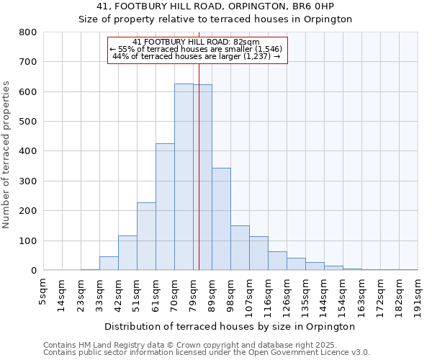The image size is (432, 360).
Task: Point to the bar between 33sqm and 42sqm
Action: [109, 264]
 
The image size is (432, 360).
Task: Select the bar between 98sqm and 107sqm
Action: [240, 248]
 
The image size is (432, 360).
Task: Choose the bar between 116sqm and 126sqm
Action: [277, 261]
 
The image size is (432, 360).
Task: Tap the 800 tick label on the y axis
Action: [27, 32]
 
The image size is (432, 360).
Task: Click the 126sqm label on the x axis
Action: [287, 294]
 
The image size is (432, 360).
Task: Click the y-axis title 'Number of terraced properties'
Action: [7, 155]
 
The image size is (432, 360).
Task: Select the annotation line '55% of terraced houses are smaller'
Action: [197, 49]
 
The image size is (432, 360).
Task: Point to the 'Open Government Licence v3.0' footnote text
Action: [316, 352]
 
